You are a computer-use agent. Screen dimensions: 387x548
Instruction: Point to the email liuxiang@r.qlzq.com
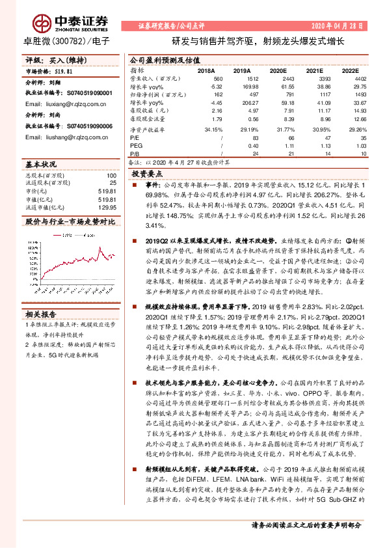pos(62,103)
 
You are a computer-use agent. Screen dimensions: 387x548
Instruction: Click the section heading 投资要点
pos(148,175)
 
